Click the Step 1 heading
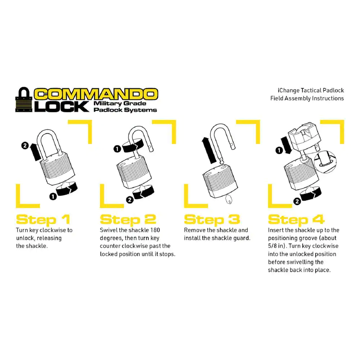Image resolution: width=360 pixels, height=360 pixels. (x=43, y=220)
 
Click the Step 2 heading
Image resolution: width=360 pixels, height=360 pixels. (x=128, y=220)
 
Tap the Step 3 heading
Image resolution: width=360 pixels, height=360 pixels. (x=212, y=220)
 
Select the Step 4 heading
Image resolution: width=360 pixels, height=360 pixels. (x=296, y=220)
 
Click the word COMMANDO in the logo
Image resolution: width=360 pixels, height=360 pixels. (x=96, y=94)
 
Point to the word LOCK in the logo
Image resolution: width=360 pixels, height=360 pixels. (x=62, y=107)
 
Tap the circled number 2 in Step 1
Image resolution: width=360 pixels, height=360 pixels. (x=25, y=145)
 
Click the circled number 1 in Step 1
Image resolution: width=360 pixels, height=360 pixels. (x=53, y=197)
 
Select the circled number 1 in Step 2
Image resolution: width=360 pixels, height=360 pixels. (x=117, y=149)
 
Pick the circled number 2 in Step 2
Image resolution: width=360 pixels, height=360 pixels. (x=130, y=200)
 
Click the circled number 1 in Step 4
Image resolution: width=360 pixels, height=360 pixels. (x=279, y=150)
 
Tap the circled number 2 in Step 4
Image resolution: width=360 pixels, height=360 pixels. (x=297, y=202)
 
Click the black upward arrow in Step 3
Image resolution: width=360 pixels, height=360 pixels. (x=208, y=150)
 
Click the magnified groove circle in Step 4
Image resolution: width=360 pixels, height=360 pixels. (x=325, y=162)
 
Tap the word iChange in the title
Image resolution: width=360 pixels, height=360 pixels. (x=288, y=90)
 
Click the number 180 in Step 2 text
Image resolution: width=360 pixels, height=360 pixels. (x=155, y=230)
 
